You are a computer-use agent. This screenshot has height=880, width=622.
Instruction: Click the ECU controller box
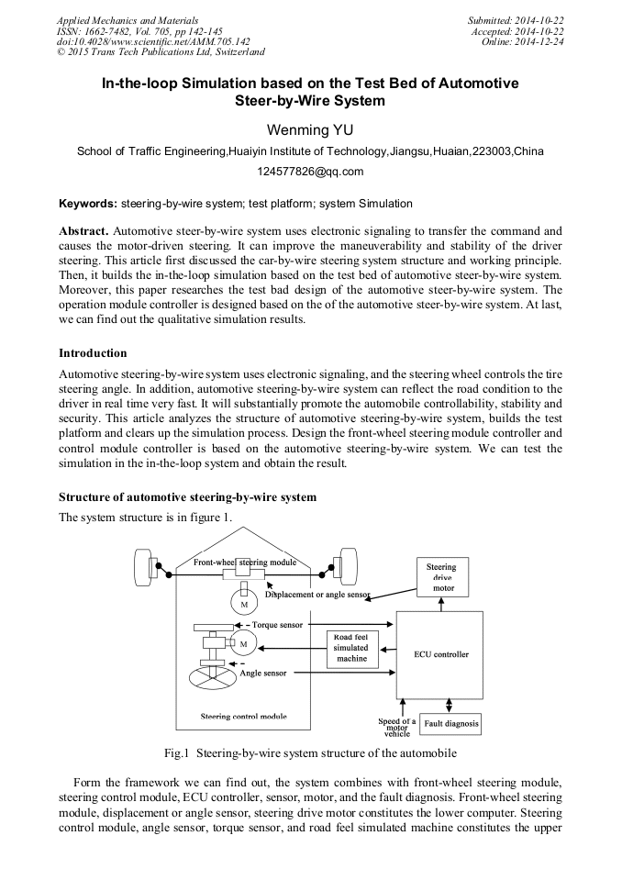click(x=439, y=655)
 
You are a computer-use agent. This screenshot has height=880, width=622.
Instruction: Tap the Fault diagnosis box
click(x=450, y=724)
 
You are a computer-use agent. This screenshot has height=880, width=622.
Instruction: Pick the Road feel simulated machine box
click(x=350, y=648)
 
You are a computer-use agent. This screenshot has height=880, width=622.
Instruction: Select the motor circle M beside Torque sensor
click(x=243, y=643)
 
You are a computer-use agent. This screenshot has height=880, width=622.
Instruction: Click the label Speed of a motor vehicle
click(x=397, y=727)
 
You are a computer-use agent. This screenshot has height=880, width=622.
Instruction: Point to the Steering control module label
click(x=243, y=716)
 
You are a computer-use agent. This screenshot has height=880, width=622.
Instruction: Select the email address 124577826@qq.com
click(x=310, y=172)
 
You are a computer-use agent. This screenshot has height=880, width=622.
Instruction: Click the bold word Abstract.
click(x=83, y=230)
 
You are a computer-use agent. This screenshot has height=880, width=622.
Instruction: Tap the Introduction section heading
click(x=93, y=353)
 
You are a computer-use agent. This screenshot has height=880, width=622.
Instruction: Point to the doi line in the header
click(x=153, y=41)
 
